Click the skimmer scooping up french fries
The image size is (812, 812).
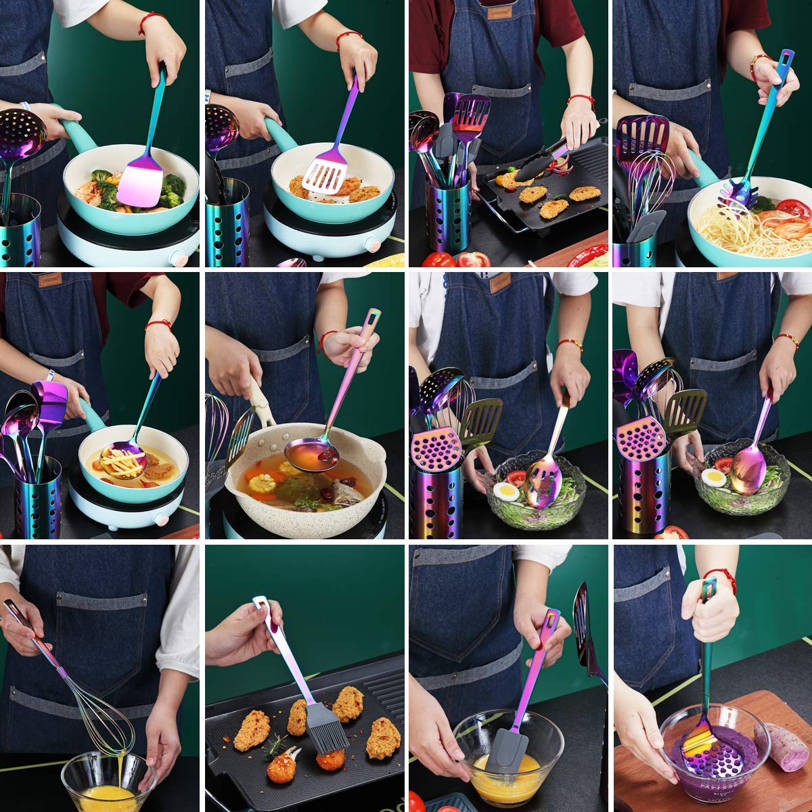[x=123, y=460]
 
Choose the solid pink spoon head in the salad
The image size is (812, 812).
[x=748, y=468]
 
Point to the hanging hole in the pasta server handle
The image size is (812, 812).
[x=786, y=59]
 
